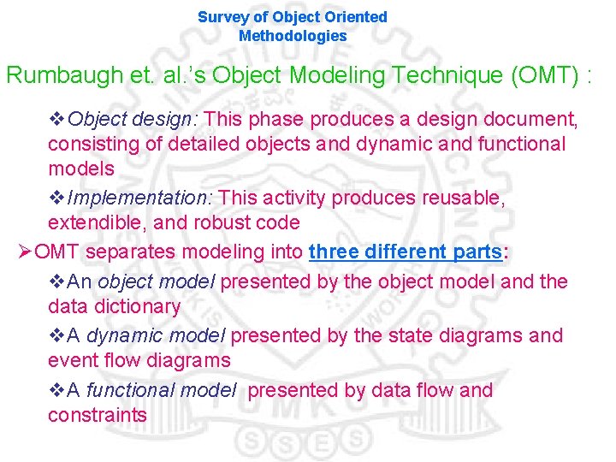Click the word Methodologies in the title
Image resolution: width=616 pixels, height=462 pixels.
point(293,36)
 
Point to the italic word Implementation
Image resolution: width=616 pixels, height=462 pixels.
point(138,198)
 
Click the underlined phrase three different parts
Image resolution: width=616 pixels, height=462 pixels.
point(406,252)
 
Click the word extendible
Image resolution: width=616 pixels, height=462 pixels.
point(93,223)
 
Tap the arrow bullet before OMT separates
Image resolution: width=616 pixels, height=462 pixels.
point(25,252)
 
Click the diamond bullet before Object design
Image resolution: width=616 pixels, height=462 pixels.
point(56,119)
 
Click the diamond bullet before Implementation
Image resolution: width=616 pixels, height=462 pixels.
point(56,198)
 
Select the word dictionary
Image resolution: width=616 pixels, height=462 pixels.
point(138,306)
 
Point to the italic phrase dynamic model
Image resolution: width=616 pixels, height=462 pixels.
point(156,335)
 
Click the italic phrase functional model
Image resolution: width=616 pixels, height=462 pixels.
point(161,390)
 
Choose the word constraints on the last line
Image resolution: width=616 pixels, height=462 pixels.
point(98,416)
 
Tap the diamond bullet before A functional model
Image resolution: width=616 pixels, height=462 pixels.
point(56,390)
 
